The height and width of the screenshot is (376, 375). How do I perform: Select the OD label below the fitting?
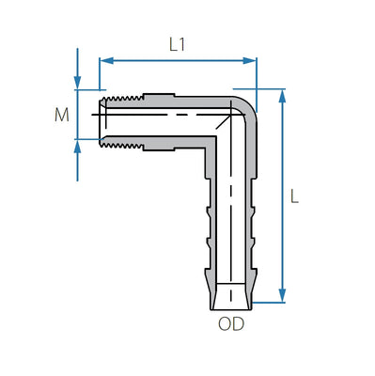pos(232,325)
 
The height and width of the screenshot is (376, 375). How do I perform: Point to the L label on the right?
pos(294,196)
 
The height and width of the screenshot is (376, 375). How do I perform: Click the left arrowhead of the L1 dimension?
pos(104,60)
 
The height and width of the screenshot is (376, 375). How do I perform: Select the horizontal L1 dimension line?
pos(178,60)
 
